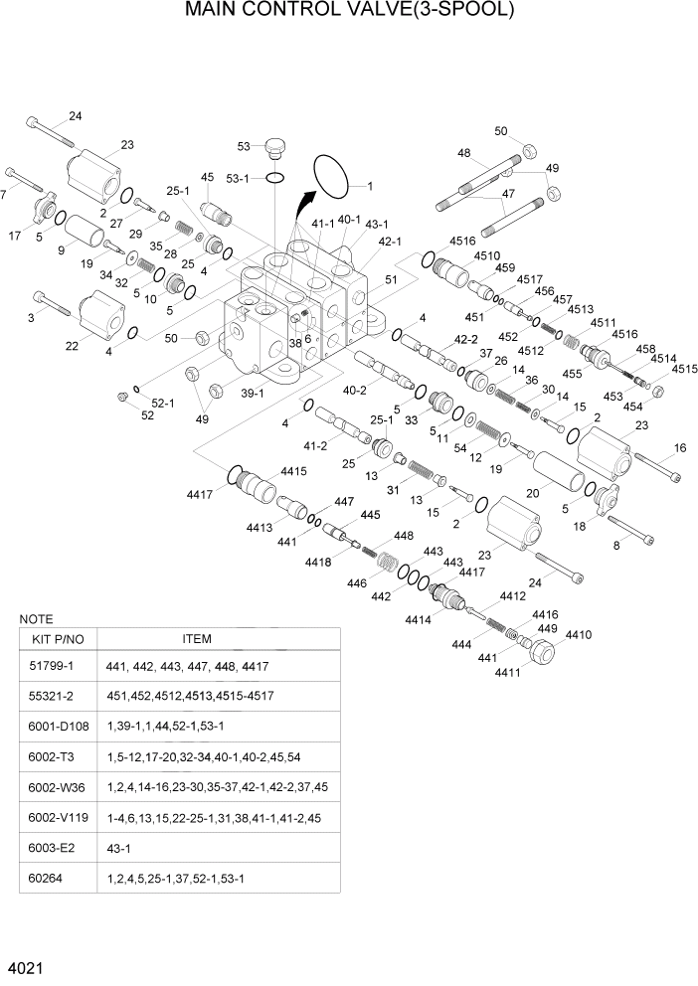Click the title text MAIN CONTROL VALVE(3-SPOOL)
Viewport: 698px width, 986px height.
point(349,12)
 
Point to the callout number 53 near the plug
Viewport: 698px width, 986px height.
point(244,146)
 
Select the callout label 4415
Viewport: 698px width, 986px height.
point(293,471)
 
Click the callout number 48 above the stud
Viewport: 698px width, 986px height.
point(463,153)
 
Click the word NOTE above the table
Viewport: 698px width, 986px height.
point(37,618)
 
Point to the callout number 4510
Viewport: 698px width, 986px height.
point(486,255)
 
